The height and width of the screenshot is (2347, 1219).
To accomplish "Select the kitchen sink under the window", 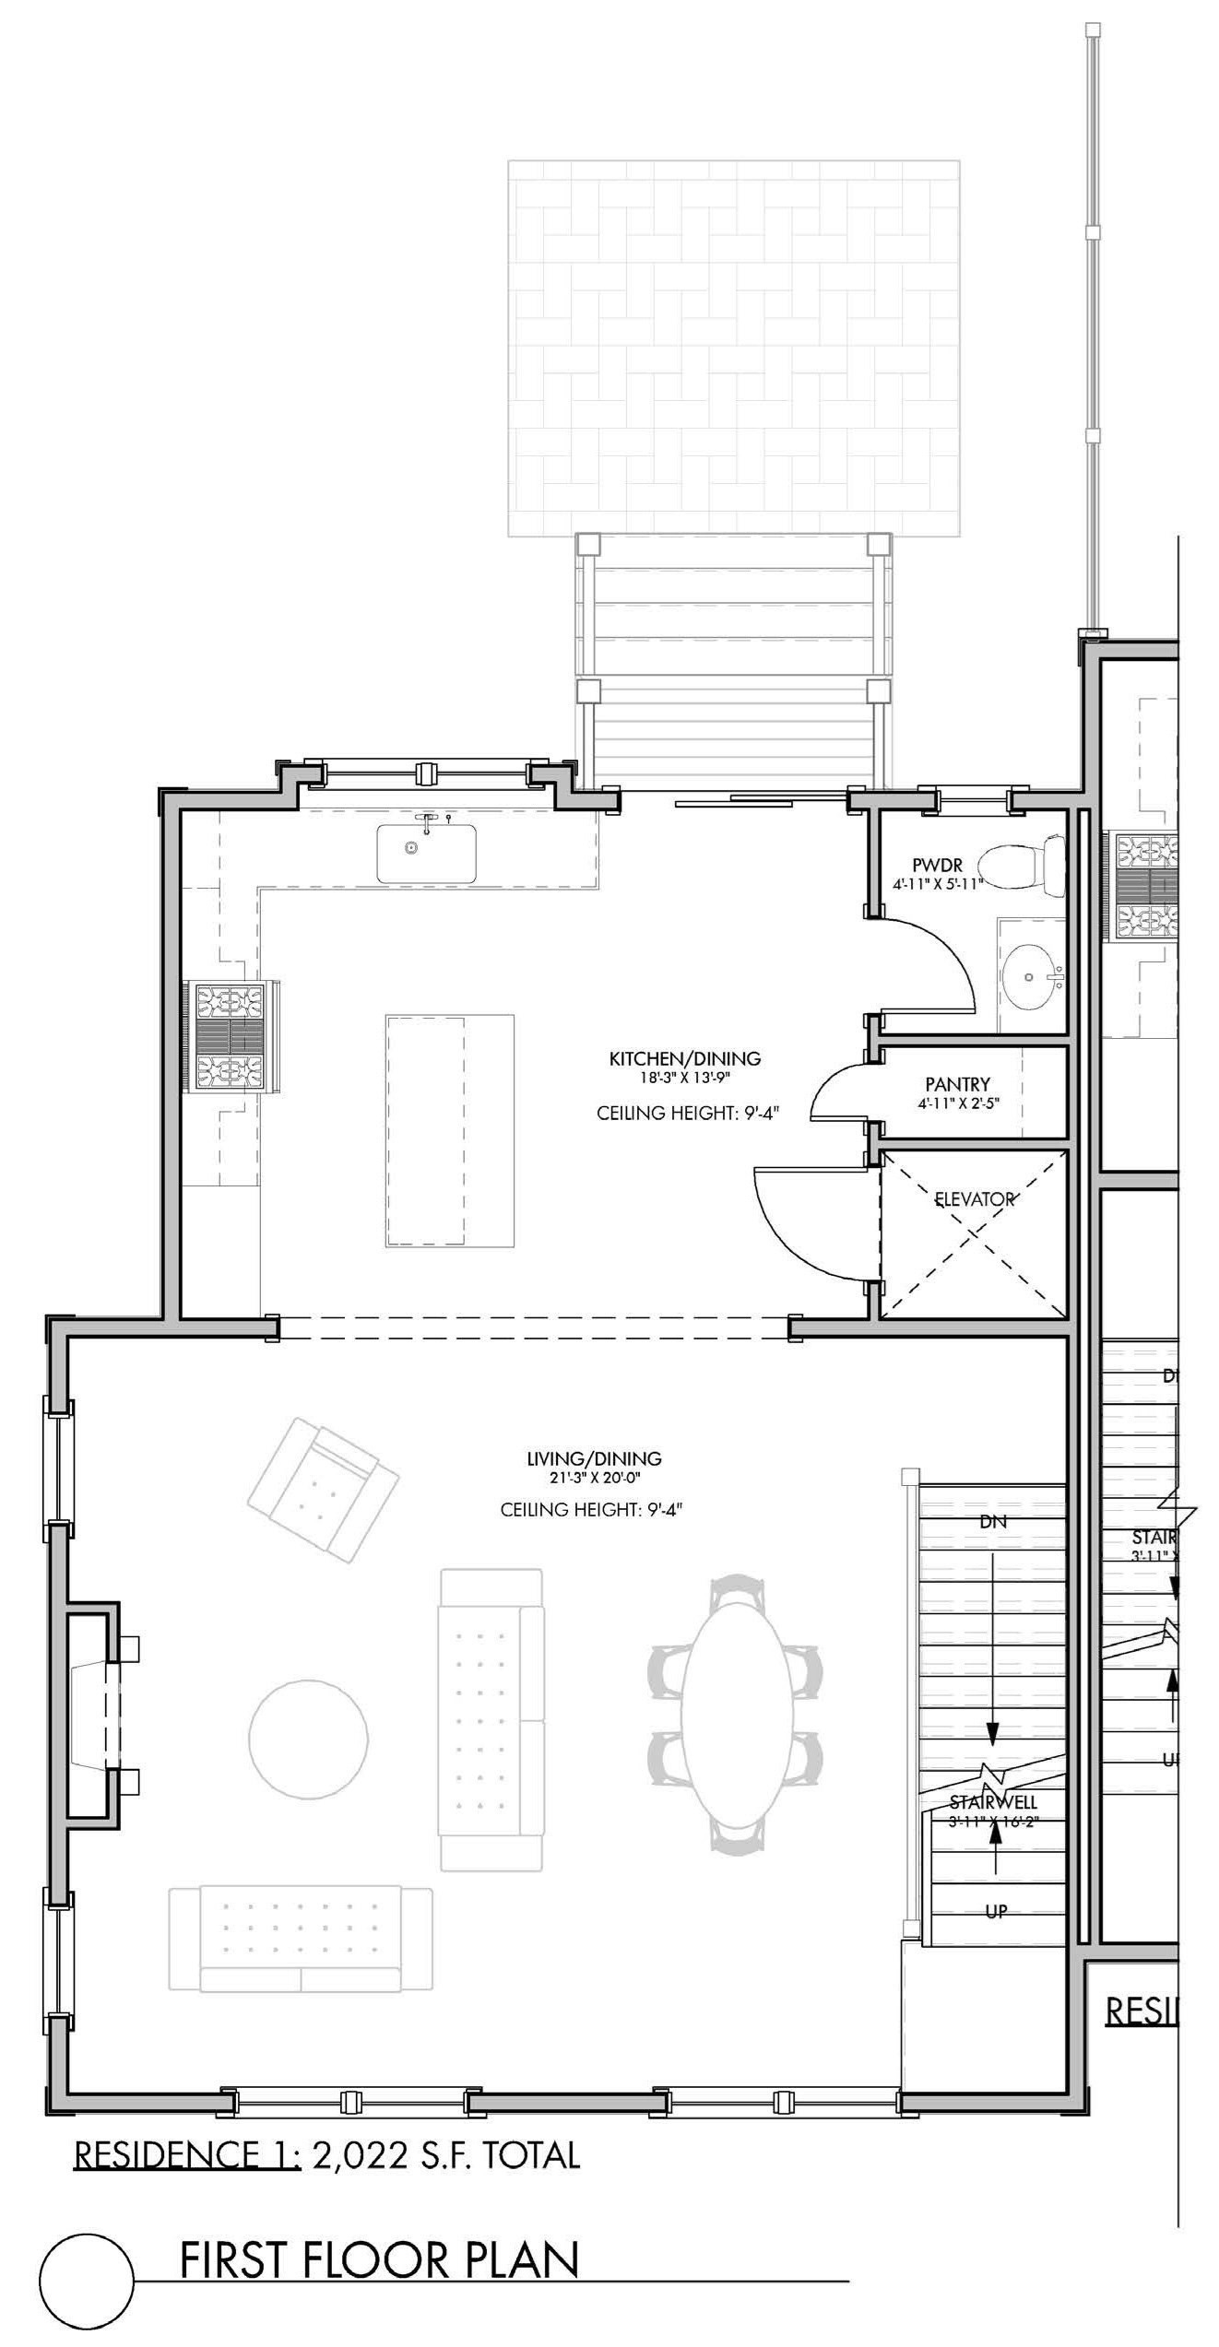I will tap(425, 853).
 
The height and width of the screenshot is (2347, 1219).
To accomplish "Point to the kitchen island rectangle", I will tap(449, 1130).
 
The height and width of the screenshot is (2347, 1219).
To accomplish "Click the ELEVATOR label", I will tap(975, 1199).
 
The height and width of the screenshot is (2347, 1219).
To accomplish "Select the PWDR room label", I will tap(937, 866).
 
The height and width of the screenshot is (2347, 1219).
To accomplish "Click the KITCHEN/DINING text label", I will tap(684, 1058).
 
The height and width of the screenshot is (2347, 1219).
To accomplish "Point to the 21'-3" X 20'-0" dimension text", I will tap(594, 1478).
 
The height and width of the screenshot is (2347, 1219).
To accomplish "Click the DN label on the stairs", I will tap(993, 1522).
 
